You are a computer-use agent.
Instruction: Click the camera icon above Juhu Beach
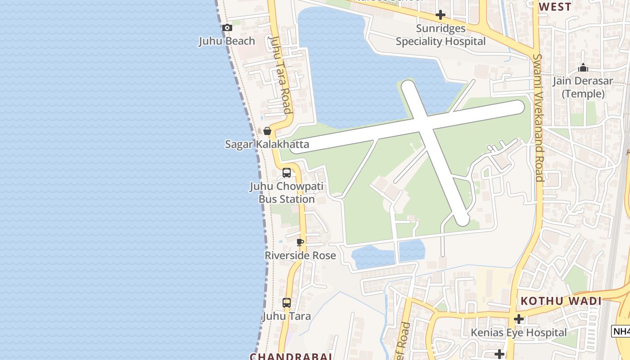point(227,28)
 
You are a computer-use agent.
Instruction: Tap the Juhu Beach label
point(227,41)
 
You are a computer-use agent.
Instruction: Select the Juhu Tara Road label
point(280,75)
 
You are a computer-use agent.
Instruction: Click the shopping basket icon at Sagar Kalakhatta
point(267,131)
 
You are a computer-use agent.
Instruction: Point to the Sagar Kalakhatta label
point(267,144)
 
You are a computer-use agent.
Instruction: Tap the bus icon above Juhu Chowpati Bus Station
point(287,173)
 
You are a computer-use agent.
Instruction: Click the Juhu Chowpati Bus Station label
point(287,193)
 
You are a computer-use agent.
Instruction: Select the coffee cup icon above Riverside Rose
point(300,243)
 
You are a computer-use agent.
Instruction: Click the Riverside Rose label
point(300,256)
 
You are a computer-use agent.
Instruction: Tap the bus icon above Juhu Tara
point(287,303)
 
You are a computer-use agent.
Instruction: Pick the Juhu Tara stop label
point(287,316)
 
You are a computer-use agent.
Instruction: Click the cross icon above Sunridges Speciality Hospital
point(441,15)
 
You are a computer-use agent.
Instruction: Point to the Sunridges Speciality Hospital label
point(441,35)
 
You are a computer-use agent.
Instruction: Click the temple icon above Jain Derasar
point(583,68)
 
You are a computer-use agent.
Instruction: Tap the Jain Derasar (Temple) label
point(583,87)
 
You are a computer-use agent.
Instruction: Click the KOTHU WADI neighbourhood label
point(561,301)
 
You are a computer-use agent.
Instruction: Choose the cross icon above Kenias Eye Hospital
point(519,319)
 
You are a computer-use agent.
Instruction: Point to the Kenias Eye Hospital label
point(519,333)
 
